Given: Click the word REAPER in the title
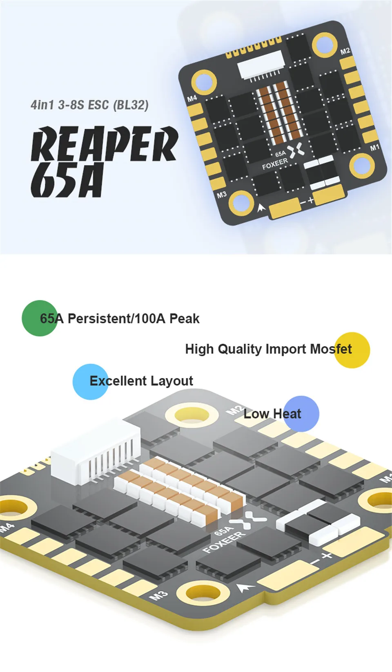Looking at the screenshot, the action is click(x=105, y=143).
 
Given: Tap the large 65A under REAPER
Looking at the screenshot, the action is click(x=67, y=180).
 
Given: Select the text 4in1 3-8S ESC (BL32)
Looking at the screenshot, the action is click(x=89, y=105).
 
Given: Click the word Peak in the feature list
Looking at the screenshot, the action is click(x=185, y=319).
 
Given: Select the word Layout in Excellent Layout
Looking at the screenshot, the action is click(x=171, y=381).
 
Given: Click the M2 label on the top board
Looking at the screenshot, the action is click(x=345, y=51).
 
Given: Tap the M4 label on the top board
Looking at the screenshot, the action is click(x=192, y=98).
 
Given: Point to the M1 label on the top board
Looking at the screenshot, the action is click(x=374, y=147).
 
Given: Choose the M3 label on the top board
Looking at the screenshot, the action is click(x=221, y=195).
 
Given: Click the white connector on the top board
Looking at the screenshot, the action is click(x=261, y=66).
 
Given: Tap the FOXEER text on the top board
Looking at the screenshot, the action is click(x=275, y=164).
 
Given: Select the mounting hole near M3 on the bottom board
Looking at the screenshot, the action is click(x=203, y=593).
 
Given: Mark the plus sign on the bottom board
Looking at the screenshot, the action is click(x=327, y=556).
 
